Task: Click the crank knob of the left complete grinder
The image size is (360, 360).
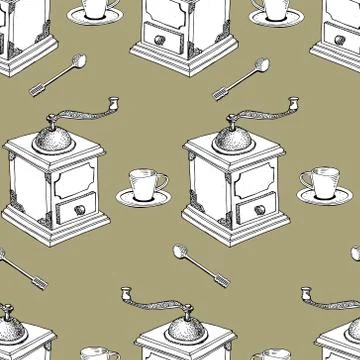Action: (115, 102)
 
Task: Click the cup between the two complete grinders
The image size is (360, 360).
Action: (147, 183)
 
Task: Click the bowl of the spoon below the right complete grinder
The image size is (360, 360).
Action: (180, 251)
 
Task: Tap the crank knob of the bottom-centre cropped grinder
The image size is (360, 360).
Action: (127, 294)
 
